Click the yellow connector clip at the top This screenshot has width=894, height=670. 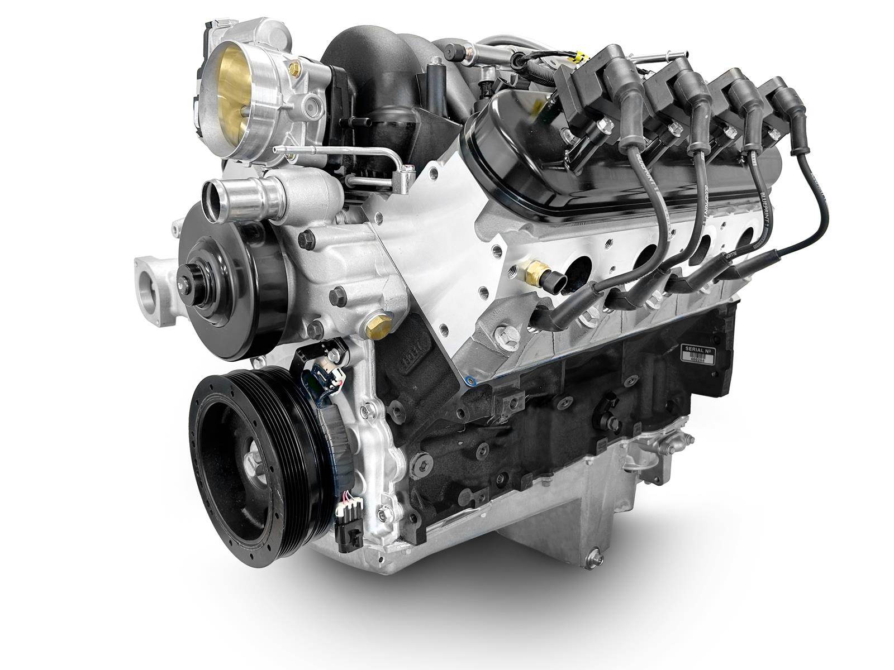click(583, 50)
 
